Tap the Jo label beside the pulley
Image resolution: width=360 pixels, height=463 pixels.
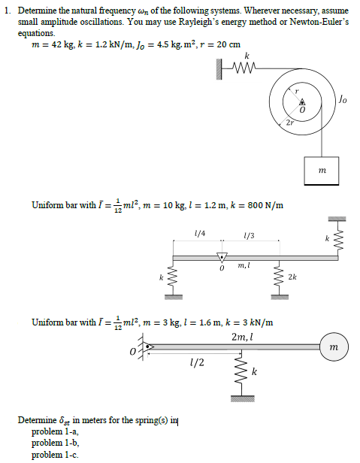coord(343,98)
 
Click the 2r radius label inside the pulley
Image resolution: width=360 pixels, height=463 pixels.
coord(290,122)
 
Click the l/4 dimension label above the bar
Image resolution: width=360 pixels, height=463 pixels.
coord(198,235)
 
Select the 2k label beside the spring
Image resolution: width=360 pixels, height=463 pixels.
coord(292,278)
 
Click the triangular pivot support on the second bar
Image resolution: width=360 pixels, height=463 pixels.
coord(221,256)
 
